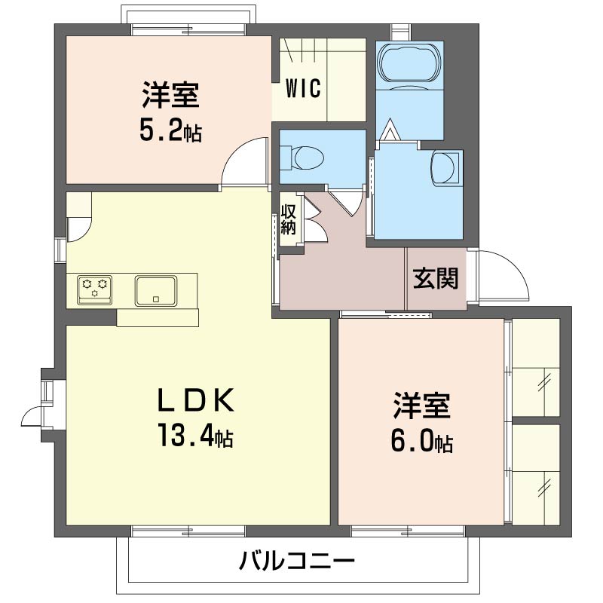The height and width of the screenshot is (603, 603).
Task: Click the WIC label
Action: point(303,88)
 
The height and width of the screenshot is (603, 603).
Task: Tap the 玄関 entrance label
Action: point(436,278)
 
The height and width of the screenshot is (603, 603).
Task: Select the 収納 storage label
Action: point(288,219)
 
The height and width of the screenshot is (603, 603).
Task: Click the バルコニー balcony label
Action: point(296,561)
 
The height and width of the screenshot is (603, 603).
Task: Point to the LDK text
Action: point(196,400)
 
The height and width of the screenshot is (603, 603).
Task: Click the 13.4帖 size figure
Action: point(196,435)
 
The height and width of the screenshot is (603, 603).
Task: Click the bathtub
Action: point(409,63)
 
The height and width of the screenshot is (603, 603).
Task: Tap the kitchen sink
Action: point(156,290)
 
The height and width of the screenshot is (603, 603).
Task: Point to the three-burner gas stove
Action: point(94,289)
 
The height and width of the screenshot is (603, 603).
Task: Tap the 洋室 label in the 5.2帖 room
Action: point(171,94)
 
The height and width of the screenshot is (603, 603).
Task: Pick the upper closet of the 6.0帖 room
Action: point(536,367)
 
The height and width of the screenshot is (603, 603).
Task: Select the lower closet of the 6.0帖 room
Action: point(536,474)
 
